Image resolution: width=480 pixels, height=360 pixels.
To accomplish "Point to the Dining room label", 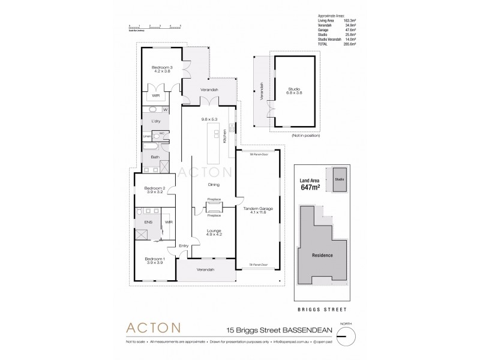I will pyautogui.click(x=213, y=185).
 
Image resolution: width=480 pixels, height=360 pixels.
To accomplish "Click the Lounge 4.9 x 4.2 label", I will pyautogui.click(x=214, y=232).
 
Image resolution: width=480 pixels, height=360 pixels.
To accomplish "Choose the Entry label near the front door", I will pyautogui.click(x=184, y=246).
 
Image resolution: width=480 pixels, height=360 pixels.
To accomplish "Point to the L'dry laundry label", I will pyautogui.click(x=156, y=122).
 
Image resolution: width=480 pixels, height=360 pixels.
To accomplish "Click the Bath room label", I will pyautogui.click(x=155, y=157).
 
